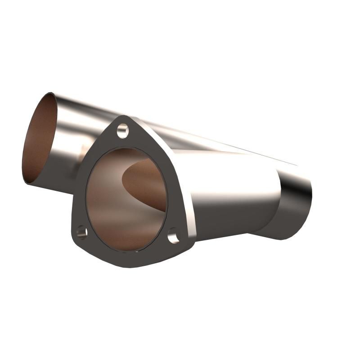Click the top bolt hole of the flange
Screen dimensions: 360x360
(x=122, y=131)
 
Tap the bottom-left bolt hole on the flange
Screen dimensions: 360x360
(x=81, y=232)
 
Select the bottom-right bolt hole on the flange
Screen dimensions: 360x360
(x=174, y=235)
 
